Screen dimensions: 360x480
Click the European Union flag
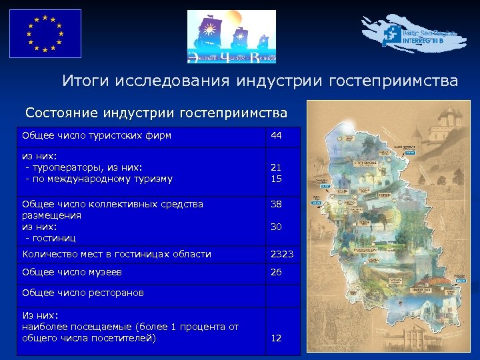pos(45,33)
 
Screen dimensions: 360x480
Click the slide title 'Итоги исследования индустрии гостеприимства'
pos(260,81)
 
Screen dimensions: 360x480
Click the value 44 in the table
pos(276,136)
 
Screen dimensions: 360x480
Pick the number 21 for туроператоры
pos(275,167)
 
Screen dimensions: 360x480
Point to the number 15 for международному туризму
pos(275,179)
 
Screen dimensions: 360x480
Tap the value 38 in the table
pos(276,204)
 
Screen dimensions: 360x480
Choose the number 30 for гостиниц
pos(276,227)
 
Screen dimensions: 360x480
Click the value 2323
pos(281,254)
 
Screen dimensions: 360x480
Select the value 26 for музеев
pos(276,272)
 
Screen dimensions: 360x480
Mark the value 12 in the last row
pos(276,339)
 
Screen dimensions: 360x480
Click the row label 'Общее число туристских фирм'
pos(97,136)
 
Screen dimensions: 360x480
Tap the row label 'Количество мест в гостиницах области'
pos(117,254)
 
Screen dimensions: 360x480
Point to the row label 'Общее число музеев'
pos(72,272)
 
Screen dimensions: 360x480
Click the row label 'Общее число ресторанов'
pos(83,293)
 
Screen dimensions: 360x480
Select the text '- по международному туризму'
pos(99,179)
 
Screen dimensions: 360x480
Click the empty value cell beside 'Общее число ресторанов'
pos(283,293)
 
